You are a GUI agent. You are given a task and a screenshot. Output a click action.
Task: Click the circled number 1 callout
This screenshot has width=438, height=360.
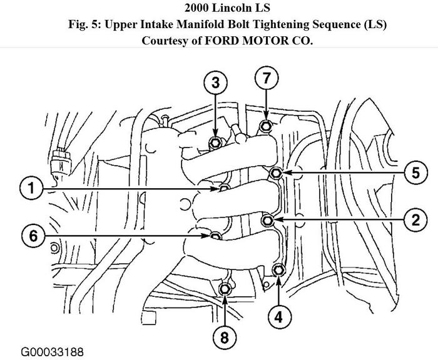pyautogui.click(x=31, y=187)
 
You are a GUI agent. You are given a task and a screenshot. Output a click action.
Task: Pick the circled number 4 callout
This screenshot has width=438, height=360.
pyautogui.click(x=279, y=316)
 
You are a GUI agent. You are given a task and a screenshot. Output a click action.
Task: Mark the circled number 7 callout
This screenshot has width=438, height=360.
pyautogui.click(x=266, y=79)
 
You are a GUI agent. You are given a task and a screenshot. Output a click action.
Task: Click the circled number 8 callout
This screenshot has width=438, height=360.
pyautogui.click(x=224, y=337)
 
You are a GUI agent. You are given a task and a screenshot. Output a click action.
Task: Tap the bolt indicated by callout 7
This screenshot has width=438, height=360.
pyautogui.click(x=266, y=127)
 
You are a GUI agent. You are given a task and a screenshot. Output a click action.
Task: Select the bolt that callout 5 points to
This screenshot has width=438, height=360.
pyautogui.click(x=277, y=173)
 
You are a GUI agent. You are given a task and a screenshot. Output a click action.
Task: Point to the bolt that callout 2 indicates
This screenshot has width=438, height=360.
pyautogui.click(x=268, y=219)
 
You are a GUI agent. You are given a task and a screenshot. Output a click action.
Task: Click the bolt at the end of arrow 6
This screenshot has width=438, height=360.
pyautogui.click(x=215, y=236)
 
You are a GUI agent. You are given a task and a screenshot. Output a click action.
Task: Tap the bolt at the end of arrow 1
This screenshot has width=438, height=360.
pyautogui.click(x=223, y=188)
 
